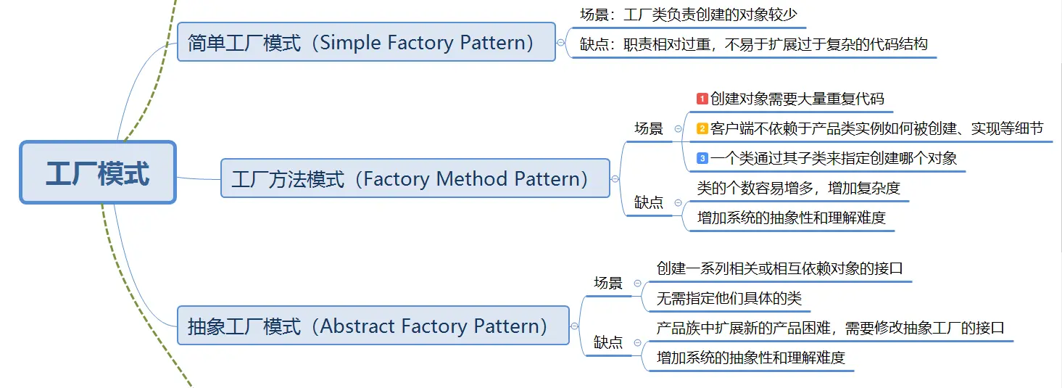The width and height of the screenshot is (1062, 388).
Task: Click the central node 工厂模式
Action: [98, 173]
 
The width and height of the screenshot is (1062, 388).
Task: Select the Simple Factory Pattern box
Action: [366, 42]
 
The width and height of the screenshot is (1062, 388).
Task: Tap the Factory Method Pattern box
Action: [415, 178]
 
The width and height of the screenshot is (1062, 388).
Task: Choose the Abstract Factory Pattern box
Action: [373, 326]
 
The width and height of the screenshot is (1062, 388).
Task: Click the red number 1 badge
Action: [702, 99]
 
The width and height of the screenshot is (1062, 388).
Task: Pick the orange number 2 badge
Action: [702, 128]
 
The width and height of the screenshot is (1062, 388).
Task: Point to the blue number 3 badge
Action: [702, 158]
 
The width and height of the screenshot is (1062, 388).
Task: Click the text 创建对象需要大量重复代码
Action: [797, 99]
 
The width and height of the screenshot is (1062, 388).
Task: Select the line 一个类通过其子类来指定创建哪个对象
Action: [834, 158]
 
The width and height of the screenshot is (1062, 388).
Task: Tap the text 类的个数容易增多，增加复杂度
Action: [798, 188]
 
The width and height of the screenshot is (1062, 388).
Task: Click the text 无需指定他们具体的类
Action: [729, 298]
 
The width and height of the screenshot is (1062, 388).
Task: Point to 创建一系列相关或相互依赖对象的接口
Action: [779, 268]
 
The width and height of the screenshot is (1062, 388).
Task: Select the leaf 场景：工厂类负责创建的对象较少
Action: [689, 14]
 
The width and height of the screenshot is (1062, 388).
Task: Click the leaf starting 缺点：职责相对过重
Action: [753, 44]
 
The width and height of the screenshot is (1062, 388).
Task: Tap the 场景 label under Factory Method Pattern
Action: [649, 128]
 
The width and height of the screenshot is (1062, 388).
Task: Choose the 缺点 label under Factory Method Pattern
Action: [649, 202]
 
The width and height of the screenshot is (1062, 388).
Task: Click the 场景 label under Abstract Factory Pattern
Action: [608, 283]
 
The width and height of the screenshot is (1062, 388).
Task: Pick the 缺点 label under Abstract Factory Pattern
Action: [608, 342]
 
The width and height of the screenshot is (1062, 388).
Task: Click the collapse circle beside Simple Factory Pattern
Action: [561, 43]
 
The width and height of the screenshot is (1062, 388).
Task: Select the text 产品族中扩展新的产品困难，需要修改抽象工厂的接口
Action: [830, 328]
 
